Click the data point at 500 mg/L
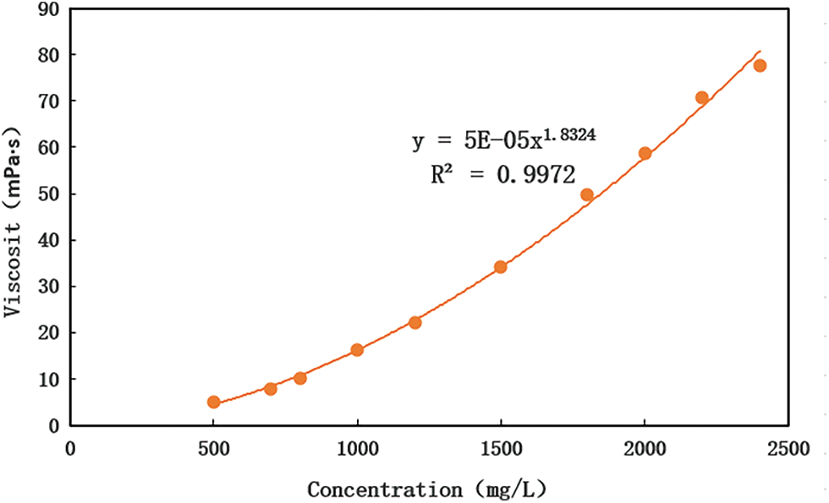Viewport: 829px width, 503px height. click(x=213, y=402)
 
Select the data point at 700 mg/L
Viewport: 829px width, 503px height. click(x=271, y=389)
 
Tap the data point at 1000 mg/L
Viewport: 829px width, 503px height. click(x=357, y=350)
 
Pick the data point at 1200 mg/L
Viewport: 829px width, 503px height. click(x=414, y=322)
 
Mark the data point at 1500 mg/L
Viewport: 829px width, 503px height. click(x=501, y=267)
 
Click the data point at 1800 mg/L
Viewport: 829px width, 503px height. click(x=587, y=194)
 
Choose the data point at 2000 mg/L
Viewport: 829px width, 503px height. click(x=645, y=154)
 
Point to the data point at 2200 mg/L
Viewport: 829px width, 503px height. click(x=702, y=98)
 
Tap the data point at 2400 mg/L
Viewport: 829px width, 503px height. click(x=760, y=66)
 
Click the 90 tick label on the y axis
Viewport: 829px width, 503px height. click(x=47, y=8)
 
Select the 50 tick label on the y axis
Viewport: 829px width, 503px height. click(x=47, y=194)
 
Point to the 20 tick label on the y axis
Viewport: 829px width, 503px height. click(x=47, y=333)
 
